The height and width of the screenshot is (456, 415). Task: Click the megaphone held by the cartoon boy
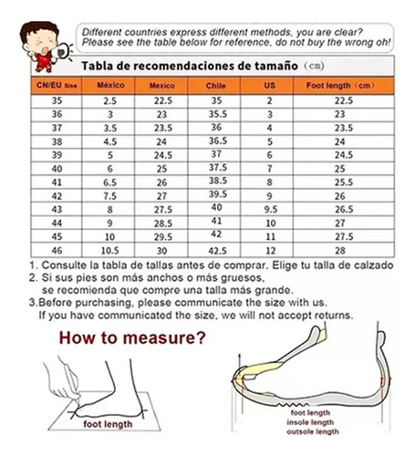pyautogui.click(x=61, y=51)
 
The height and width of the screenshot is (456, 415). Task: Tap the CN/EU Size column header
pyautogui.click(x=57, y=85)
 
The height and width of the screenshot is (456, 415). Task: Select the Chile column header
pyautogui.click(x=215, y=86)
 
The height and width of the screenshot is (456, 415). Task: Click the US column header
pyautogui.click(x=269, y=85)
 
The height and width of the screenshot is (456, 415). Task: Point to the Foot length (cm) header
pyautogui.click(x=340, y=86)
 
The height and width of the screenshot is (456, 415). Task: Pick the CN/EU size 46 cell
pyautogui.click(x=57, y=251)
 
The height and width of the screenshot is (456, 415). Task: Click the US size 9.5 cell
pyautogui.click(x=271, y=210)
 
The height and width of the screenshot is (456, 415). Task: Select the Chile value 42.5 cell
pyautogui.click(x=217, y=251)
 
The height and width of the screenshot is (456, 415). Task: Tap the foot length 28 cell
pyautogui.click(x=340, y=251)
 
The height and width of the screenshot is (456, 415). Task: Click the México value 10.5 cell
pyautogui.click(x=109, y=251)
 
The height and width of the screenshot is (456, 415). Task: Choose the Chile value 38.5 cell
pyautogui.click(x=218, y=181)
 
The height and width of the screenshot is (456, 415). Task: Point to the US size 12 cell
pyautogui.click(x=270, y=251)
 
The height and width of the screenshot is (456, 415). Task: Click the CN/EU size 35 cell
pyautogui.click(x=57, y=100)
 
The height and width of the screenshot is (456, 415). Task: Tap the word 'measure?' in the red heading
pyautogui.click(x=164, y=338)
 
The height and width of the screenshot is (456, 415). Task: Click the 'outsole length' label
pyautogui.click(x=313, y=431)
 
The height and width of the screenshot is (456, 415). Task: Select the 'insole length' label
pyautogui.click(x=310, y=422)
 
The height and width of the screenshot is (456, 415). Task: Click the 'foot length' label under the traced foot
pyautogui.click(x=108, y=424)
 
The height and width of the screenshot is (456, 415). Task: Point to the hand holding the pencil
pyautogui.click(x=62, y=380)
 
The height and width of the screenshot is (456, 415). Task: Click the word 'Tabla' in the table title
pyautogui.click(x=98, y=66)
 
